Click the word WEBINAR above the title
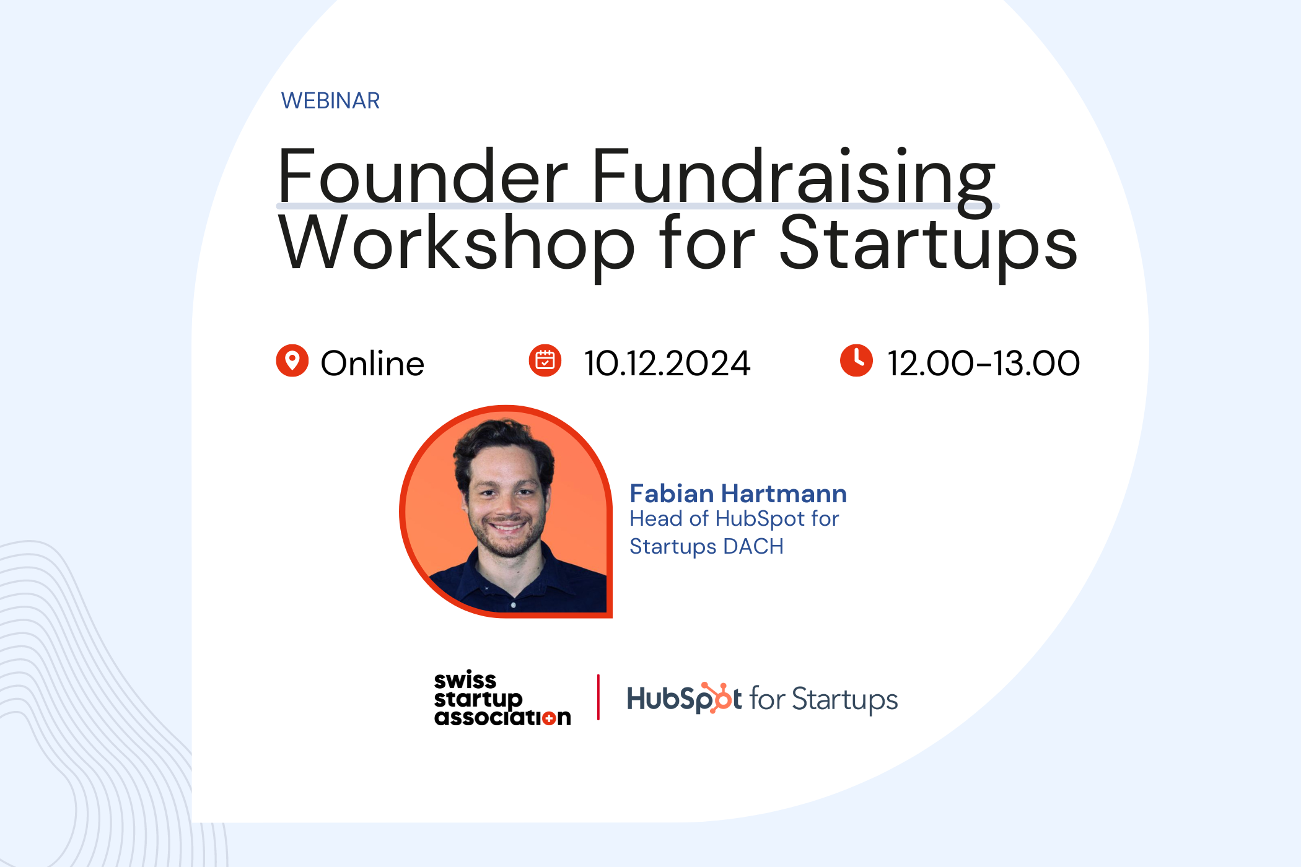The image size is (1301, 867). (330, 100)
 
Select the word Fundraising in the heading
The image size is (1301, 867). (794, 176)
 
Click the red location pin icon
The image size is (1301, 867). (292, 360)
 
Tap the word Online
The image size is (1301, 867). (372, 363)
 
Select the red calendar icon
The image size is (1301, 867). (545, 360)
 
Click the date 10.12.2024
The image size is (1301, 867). (667, 363)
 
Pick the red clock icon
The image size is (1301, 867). (856, 360)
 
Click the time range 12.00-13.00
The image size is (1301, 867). (984, 363)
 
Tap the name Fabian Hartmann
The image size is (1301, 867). (738, 494)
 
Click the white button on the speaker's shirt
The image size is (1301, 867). (514, 604)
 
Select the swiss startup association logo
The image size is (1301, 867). (502, 698)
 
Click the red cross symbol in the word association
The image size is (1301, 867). (548, 718)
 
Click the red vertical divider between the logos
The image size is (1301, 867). (598, 697)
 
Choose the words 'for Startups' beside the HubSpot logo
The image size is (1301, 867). (823, 699)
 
